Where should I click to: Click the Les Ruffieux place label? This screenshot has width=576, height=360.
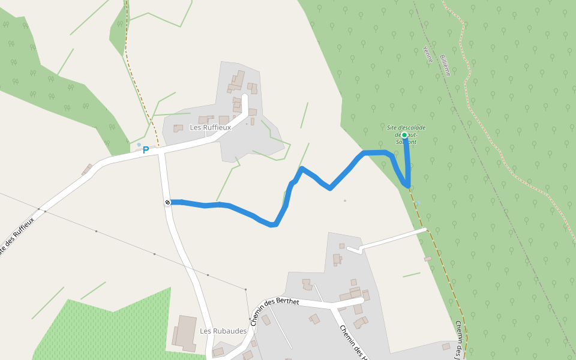click(x=210, y=128)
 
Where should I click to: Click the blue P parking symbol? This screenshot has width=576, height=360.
click(x=146, y=150)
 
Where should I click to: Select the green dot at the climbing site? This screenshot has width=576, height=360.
click(x=404, y=135)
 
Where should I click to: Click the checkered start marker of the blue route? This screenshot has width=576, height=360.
click(x=167, y=202)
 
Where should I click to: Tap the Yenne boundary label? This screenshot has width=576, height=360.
click(x=427, y=54)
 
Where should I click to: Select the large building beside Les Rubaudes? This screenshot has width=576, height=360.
click(x=186, y=333)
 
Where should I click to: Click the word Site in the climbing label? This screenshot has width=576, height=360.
click(x=393, y=127)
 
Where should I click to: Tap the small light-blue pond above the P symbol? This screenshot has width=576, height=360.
click(x=139, y=145)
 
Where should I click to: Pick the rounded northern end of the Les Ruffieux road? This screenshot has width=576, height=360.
click(x=245, y=97)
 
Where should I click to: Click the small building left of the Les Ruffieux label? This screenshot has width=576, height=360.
click(x=178, y=128)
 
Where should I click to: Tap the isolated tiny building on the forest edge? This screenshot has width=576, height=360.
click(x=428, y=259)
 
